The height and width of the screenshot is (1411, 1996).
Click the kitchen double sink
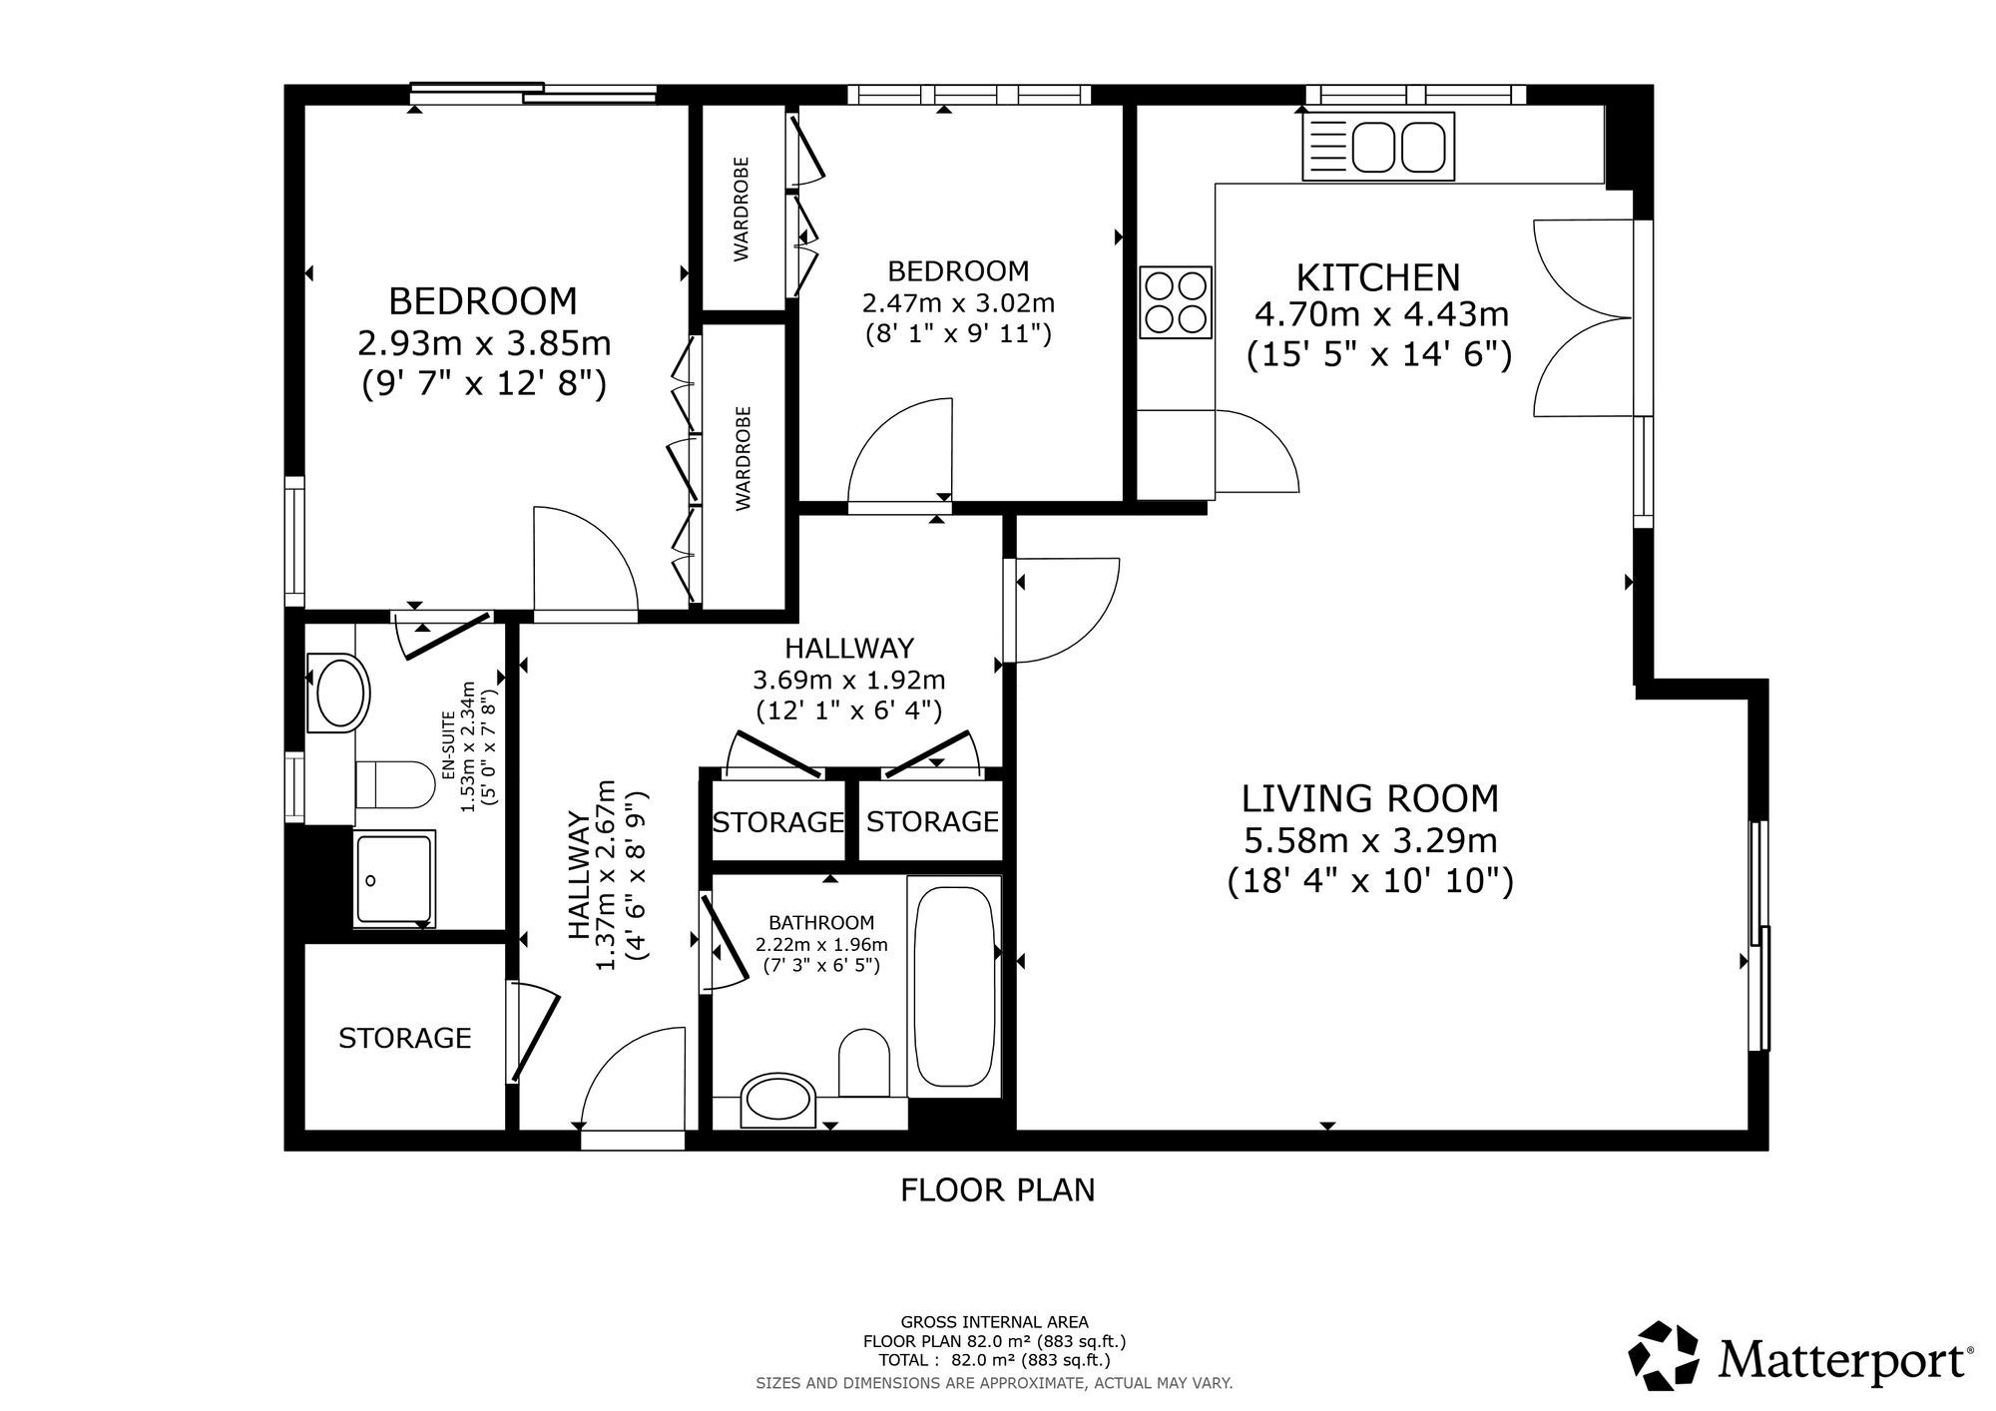pyautogui.click(x=1378, y=147)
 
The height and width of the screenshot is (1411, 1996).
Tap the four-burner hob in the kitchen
pyautogui.click(x=1177, y=302)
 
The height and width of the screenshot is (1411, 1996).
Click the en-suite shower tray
pyautogui.click(x=394, y=877)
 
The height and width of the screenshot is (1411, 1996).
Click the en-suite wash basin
pyautogui.click(x=337, y=693)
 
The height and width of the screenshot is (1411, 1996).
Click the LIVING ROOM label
pyautogui.click(x=1370, y=799)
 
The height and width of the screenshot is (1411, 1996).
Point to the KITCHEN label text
pyautogui.click(x=1378, y=276)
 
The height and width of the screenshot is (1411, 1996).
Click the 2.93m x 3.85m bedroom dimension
pyautogui.click(x=484, y=343)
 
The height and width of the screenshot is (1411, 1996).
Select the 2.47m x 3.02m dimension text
pyautogui.click(x=958, y=302)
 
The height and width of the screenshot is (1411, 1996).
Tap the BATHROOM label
pyautogui.click(x=821, y=923)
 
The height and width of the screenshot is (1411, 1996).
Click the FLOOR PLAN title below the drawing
pyautogui.click(x=998, y=1190)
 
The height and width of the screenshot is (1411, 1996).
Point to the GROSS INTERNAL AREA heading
pyautogui.click(x=995, y=1322)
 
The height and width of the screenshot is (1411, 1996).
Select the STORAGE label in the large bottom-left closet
pyautogui.click(x=404, y=1039)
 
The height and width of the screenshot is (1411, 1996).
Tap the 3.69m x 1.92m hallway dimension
pyautogui.click(x=849, y=681)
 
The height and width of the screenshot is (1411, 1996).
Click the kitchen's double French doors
pyautogui.click(x=1584, y=317)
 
